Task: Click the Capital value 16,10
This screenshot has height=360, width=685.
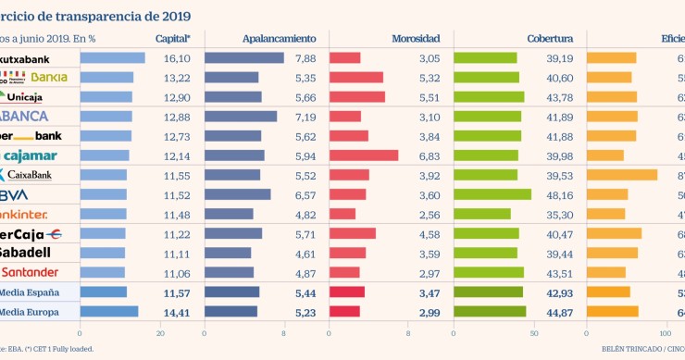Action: click(176, 58)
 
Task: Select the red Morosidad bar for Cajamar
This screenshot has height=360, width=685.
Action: click(364, 155)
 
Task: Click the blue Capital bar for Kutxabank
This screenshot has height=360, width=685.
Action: click(112, 58)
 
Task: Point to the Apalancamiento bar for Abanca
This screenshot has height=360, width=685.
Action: click(241, 117)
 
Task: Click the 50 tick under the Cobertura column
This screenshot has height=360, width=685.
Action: click(534, 333)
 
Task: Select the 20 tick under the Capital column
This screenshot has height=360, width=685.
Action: click(161, 333)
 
